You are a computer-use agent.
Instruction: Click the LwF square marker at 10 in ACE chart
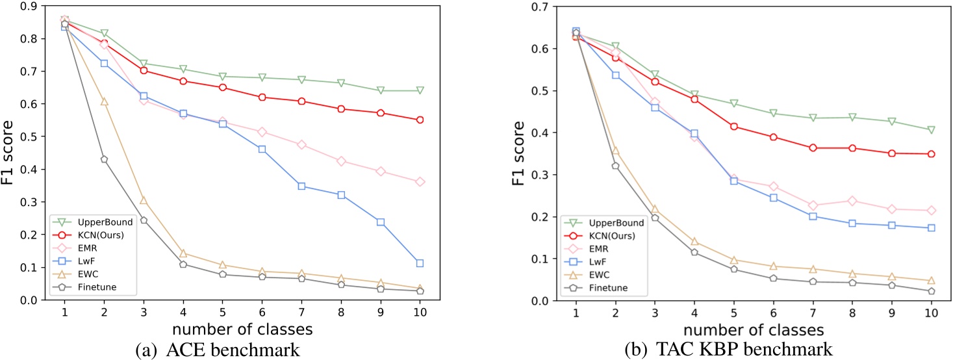tap(420, 263)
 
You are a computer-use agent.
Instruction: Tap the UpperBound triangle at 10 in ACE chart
tap(420, 90)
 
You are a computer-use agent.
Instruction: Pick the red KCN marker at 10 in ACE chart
tap(420, 120)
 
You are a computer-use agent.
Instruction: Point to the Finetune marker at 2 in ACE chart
tap(104, 159)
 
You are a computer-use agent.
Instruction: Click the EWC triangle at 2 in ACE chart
tap(104, 101)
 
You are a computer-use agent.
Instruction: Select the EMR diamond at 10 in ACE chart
tap(420, 182)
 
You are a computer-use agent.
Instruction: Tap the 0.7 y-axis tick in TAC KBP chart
tap(544, 6)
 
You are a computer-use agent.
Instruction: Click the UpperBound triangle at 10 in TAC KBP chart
tap(931, 130)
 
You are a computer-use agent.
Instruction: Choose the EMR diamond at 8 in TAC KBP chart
tap(852, 201)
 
